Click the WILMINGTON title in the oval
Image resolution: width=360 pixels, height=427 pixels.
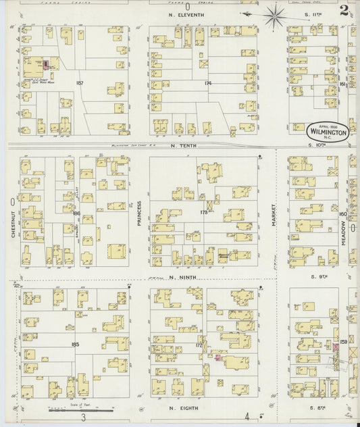(x=328, y=132)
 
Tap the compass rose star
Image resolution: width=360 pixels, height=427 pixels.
(x=274, y=14)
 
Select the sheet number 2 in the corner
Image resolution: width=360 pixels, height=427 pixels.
(x=344, y=10)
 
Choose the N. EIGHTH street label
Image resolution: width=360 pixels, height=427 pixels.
(x=180, y=409)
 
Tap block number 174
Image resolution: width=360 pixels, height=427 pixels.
(x=207, y=82)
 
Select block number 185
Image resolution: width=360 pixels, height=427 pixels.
(x=75, y=344)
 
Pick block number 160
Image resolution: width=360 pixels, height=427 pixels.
(x=342, y=214)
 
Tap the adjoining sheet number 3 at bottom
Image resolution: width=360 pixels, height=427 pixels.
(x=83, y=419)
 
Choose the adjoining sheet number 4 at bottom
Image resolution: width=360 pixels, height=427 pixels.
(x=248, y=416)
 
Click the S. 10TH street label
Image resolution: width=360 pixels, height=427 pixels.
(x=316, y=145)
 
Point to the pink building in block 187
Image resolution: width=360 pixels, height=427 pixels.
(x=45, y=65)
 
